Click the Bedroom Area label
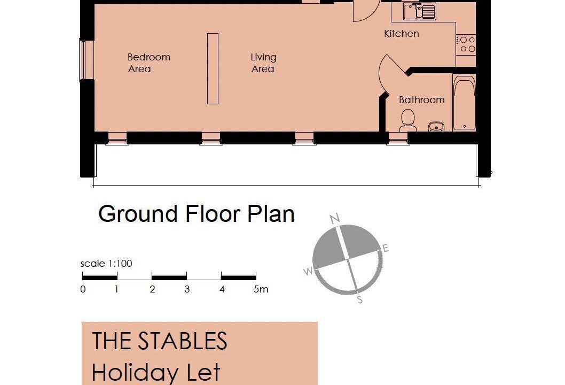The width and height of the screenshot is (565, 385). tap(149, 63)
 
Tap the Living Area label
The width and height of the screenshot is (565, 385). tap(263, 63)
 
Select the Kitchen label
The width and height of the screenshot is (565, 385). tap(402, 34)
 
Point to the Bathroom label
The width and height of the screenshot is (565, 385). tap(421, 100)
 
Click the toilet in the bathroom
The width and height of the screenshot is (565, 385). tap(407, 120)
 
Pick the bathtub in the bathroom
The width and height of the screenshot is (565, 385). tap(464, 103)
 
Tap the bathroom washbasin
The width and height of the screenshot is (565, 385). tap(436, 127)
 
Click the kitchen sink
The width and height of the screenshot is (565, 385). tap(419, 11)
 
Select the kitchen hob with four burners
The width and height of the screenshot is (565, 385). tap(466, 44)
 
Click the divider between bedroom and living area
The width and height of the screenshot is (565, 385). tap(213, 68)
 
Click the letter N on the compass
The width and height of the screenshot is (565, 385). tap(335, 219)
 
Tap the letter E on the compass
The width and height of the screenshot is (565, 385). tap(386, 248)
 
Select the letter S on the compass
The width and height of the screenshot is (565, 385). tap(359, 300)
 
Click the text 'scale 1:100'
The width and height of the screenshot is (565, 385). tap(106, 264)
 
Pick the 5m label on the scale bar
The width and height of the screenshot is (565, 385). tap(261, 289)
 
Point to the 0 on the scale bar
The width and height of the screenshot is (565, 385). tap(83, 289)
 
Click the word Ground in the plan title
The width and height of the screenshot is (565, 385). tap(138, 213)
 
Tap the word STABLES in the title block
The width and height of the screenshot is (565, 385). tap(183, 340)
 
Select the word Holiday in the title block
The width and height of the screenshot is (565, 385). tap(136, 373)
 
